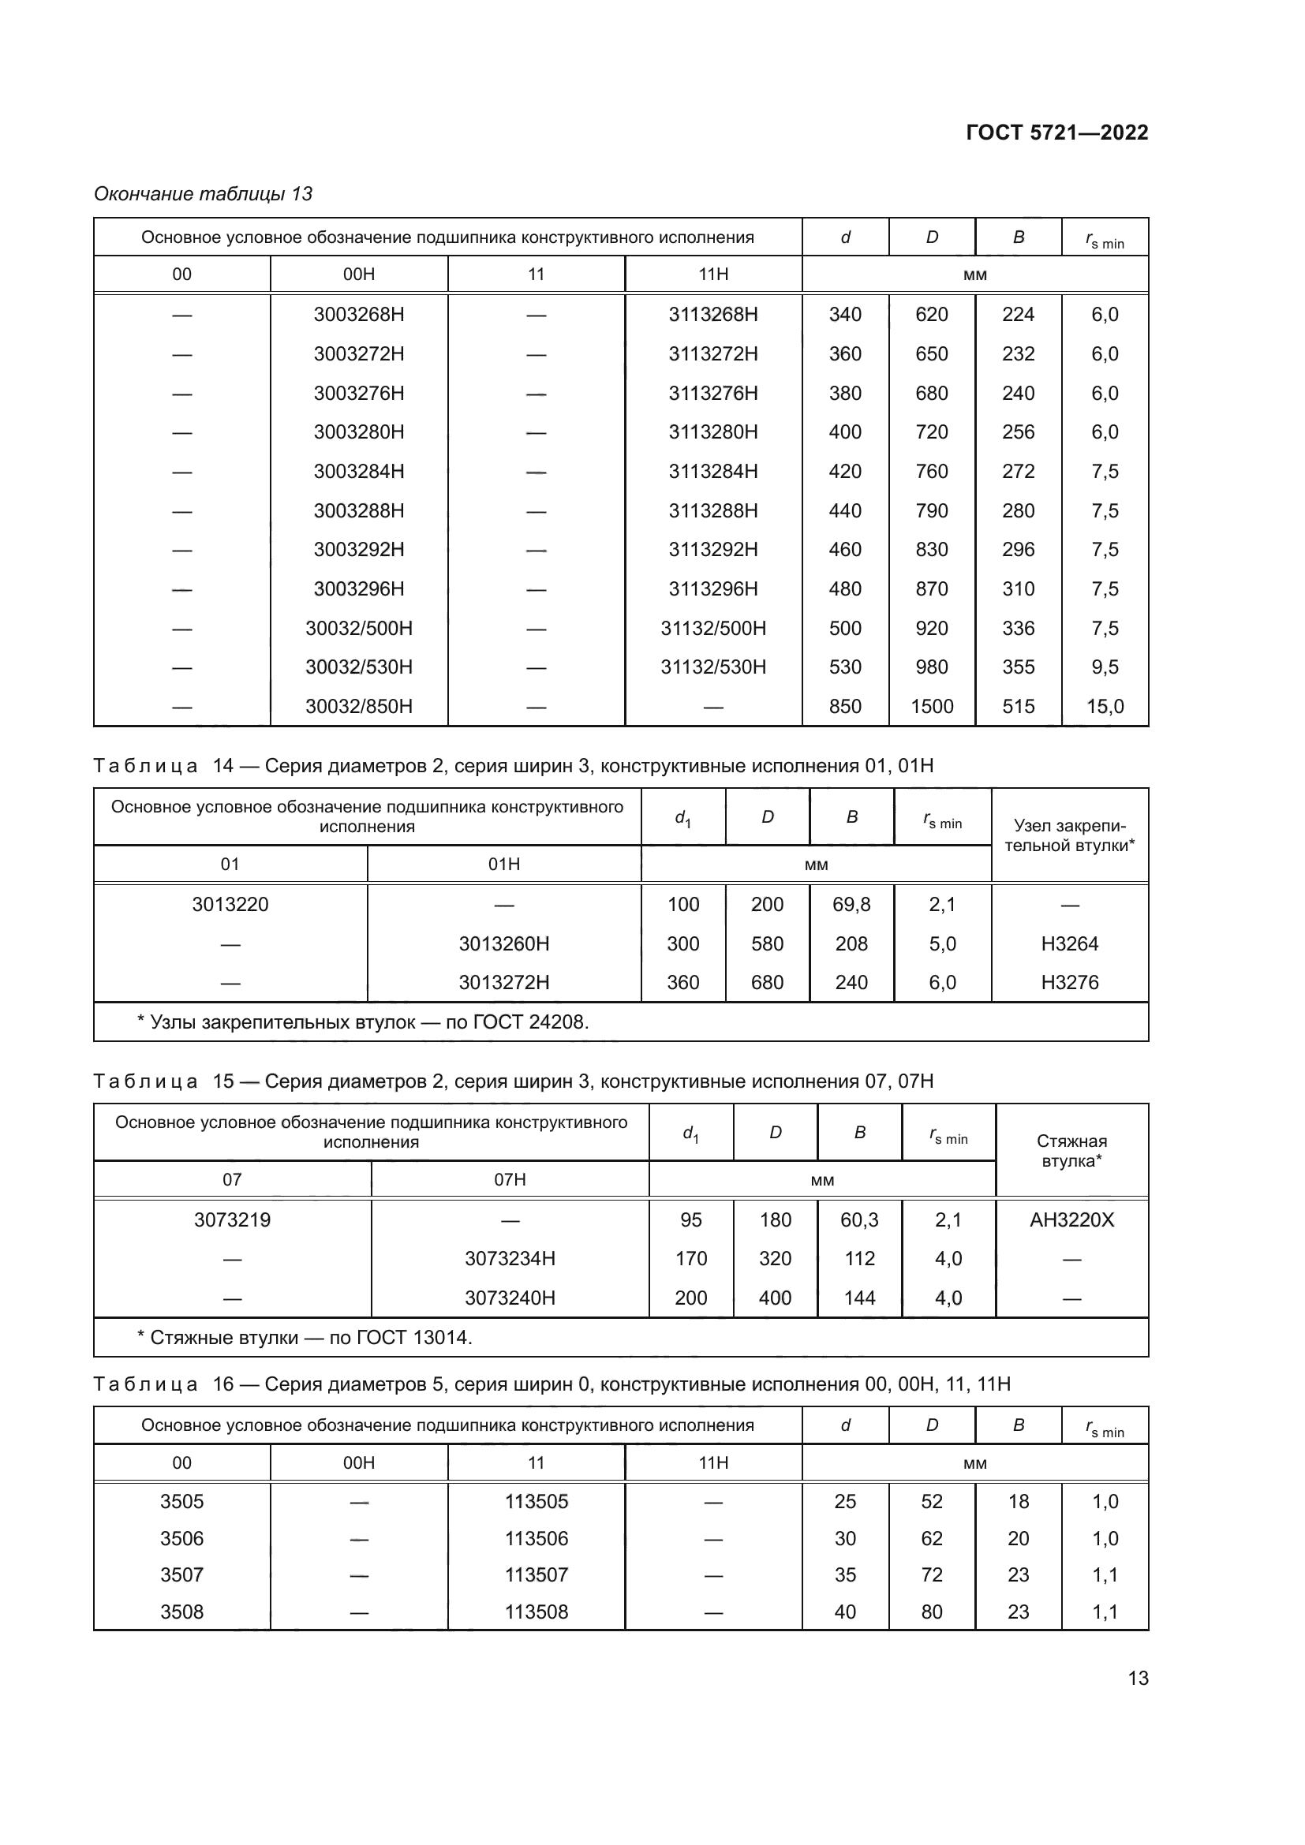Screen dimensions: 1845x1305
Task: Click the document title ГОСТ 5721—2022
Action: (1056, 133)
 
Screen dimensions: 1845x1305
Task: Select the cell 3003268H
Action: (358, 314)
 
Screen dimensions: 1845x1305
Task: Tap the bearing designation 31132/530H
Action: (712, 667)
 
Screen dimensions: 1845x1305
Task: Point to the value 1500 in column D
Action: (931, 706)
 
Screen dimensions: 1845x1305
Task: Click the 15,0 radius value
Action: (1105, 706)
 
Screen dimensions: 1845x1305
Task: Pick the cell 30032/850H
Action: (358, 706)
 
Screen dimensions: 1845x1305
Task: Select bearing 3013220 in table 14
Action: (230, 904)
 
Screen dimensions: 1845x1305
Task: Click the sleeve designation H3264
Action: (1069, 943)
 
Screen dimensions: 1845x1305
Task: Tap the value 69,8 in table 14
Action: (851, 904)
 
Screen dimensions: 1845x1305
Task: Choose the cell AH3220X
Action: (1071, 1219)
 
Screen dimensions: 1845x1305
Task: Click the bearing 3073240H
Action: (510, 1298)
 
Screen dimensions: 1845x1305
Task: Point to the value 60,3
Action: (859, 1219)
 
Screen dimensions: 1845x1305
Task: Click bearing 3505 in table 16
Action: (181, 1501)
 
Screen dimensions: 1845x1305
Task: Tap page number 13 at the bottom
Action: (1138, 1678)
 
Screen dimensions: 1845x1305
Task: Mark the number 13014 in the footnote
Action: (441, 1337)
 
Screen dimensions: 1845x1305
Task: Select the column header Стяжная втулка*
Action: (1071, 1151)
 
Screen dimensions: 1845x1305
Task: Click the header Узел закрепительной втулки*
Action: (1069, 835)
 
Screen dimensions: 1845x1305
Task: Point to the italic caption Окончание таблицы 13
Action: (204, 194)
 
